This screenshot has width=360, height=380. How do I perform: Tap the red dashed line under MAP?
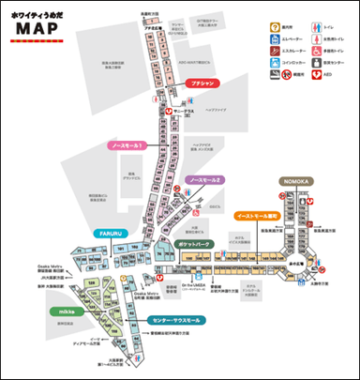(37, 41)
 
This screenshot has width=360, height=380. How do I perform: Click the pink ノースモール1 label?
(119, 147)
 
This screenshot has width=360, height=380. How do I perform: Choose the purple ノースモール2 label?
(204, 179)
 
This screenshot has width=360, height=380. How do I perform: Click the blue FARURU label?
(104, 232)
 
